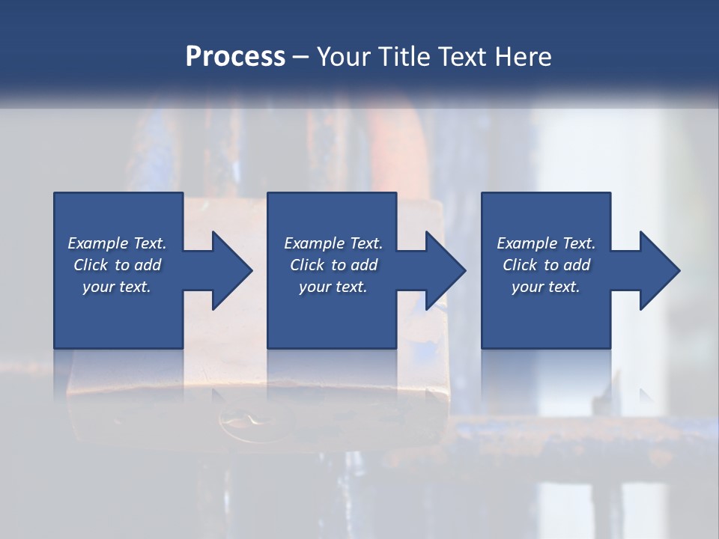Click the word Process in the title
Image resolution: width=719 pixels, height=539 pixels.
pos(235,57)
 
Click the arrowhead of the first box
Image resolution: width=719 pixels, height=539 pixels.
pos(229,270)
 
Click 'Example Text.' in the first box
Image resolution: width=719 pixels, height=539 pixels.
pos(117,243)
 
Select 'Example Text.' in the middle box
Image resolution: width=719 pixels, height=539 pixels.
pos(333,243)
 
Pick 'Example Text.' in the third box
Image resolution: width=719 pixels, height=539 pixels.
pos(546,243)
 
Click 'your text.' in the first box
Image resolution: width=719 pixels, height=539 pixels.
pos(117,287)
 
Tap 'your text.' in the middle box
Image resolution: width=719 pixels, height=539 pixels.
pos(333,287)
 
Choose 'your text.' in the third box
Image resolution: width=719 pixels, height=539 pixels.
pos(546,287)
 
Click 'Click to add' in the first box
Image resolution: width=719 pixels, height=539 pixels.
pos(117,265)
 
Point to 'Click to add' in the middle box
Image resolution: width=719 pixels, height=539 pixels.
pos(333,265)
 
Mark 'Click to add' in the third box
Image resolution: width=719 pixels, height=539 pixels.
pos(546,265)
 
